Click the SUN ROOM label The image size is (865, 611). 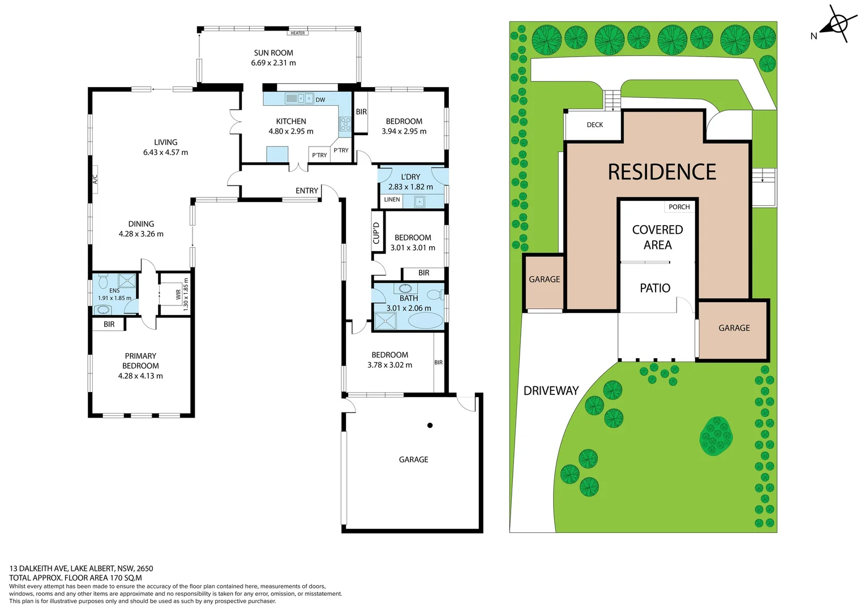(273, 53)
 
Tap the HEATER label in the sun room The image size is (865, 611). (298, 33)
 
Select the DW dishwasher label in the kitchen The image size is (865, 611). (320, 100)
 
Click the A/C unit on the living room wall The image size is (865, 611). (95, 179)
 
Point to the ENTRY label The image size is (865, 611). (307, 191)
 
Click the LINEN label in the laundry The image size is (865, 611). (392, 200)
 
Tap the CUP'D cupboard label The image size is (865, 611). (376, 233)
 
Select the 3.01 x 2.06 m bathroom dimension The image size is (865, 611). (409, 308)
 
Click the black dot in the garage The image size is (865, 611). (430, 425)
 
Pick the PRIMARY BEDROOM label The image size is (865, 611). (140, 361)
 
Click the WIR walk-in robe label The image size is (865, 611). (178, 294)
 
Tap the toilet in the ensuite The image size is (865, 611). (104, 281)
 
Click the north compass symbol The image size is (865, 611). (836, 24)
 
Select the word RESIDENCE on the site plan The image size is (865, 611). (662, 172)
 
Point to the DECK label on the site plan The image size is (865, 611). (594, 125)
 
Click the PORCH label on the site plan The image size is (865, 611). (679, 207)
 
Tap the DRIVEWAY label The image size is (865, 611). (551, 391)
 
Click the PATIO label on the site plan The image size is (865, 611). (655, 289)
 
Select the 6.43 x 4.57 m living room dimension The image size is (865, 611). (165, 153)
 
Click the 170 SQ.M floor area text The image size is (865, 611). (126, 578)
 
